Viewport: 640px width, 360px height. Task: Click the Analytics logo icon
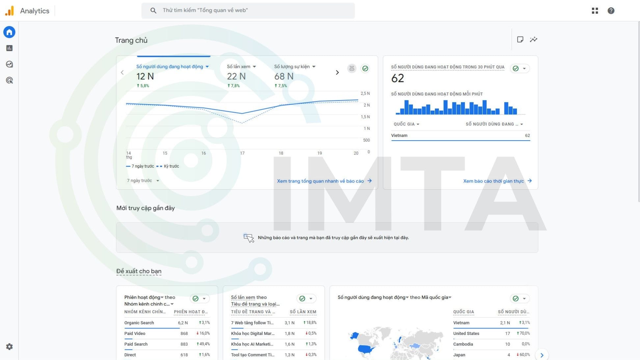(10, 11)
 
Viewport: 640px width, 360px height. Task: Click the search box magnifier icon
(153, 11)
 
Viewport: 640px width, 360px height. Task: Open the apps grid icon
(595, 11)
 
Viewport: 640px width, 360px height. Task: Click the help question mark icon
(611, 11)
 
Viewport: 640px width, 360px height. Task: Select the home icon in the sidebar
(9, 32)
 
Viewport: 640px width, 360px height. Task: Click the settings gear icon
(9, 346)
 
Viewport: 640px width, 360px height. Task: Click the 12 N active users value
(145, 76)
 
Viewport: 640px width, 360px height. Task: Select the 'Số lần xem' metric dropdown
(241, 67)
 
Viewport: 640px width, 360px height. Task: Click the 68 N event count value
(283, 76)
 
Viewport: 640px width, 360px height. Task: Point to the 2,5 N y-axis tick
(365, 94)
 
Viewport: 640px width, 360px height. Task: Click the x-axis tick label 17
(242, 153)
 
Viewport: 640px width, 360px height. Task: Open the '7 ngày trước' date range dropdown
(143, 180)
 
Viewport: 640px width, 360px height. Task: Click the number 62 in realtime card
(397, 78)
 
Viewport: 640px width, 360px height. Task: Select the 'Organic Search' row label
(139, 323)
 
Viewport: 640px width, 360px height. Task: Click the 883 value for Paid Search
(184, 344)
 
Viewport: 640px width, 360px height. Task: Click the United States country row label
(466, 333)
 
